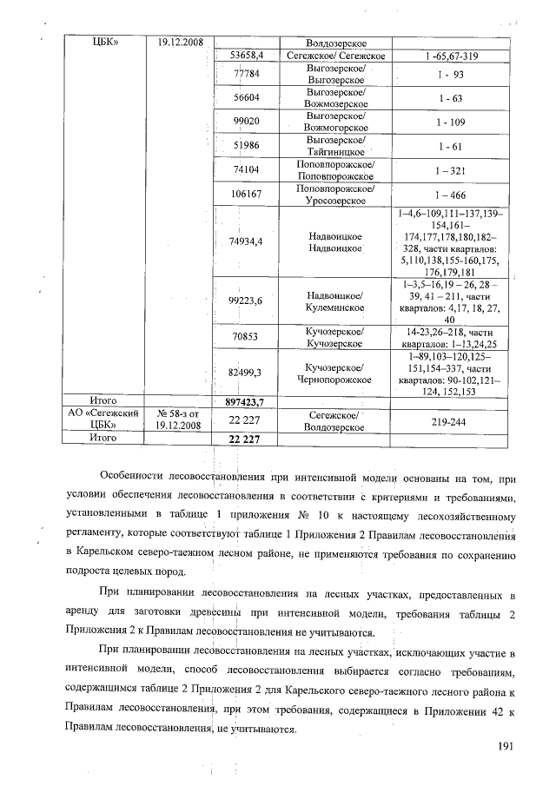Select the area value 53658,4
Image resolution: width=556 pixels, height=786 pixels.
246,56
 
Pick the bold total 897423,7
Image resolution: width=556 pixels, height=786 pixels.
244,402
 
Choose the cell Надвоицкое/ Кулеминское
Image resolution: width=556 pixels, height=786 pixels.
335,301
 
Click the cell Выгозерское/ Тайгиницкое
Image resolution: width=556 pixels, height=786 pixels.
335,145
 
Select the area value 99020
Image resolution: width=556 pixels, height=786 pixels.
246,122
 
